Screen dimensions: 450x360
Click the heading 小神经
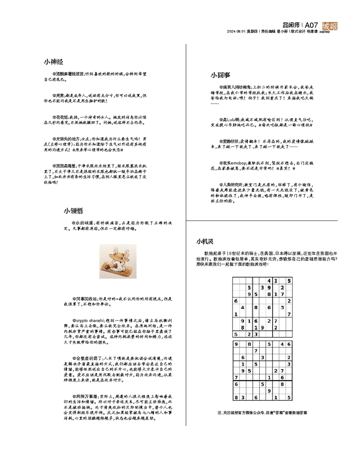[53, 62]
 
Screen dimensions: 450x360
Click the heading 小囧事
[220, 75]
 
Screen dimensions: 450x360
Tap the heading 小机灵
[205, 242]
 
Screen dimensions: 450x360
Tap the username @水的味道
[75, 223]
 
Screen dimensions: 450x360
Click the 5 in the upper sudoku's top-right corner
[289, 281]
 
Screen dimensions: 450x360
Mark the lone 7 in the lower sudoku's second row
[255, 351]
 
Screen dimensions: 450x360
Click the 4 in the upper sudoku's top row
[269, 281]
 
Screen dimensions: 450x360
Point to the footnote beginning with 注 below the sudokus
[262, 413]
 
